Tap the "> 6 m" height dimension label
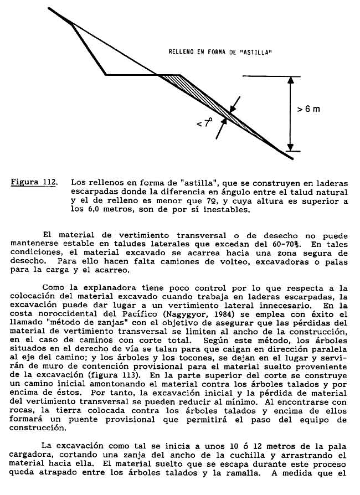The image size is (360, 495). pyautogui.click(x=308, y=109)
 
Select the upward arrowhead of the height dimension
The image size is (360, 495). pyautogui.click(x=290, y=81)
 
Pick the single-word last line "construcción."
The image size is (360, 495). pyautogui.click(x=39, y=427)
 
